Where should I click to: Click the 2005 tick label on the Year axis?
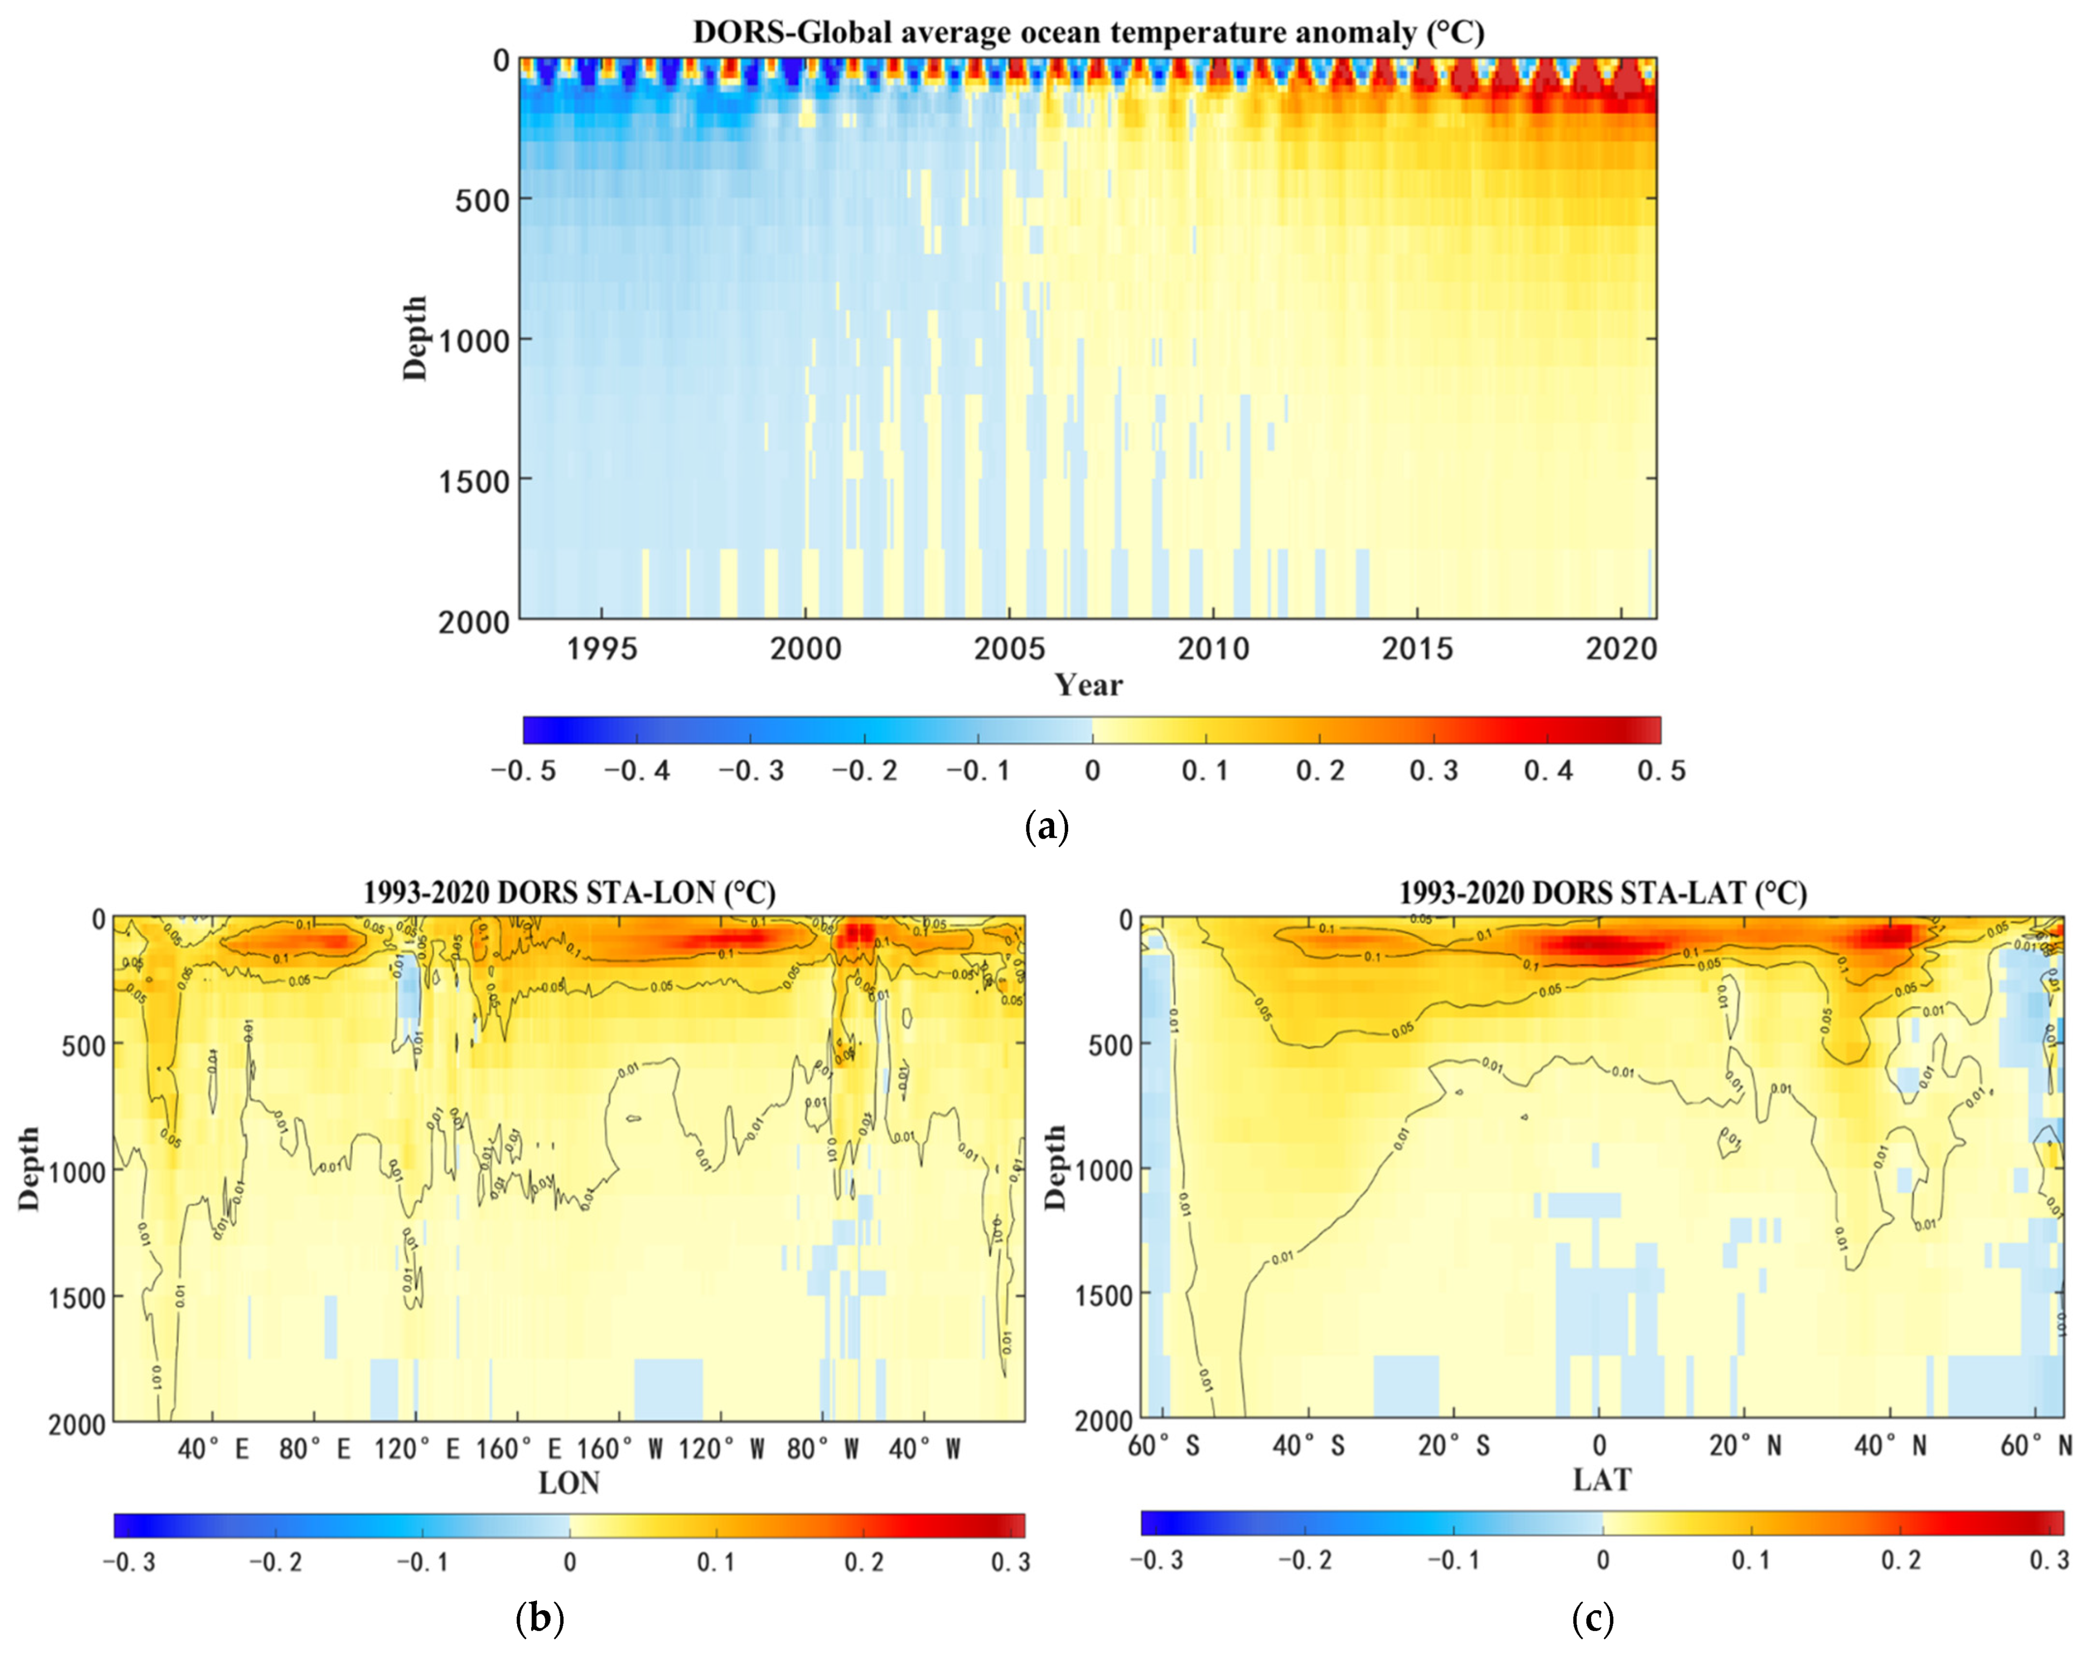[1009, 649]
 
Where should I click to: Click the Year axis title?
[1089, 686]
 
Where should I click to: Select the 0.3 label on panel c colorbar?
[2049, 1560]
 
